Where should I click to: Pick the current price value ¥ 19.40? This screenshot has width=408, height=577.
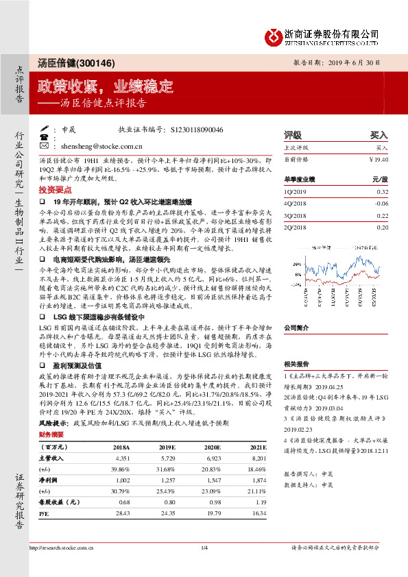(378, 159)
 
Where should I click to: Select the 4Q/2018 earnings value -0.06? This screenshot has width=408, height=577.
(381, 204)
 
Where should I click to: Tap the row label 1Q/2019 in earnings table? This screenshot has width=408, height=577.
(296, 193)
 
